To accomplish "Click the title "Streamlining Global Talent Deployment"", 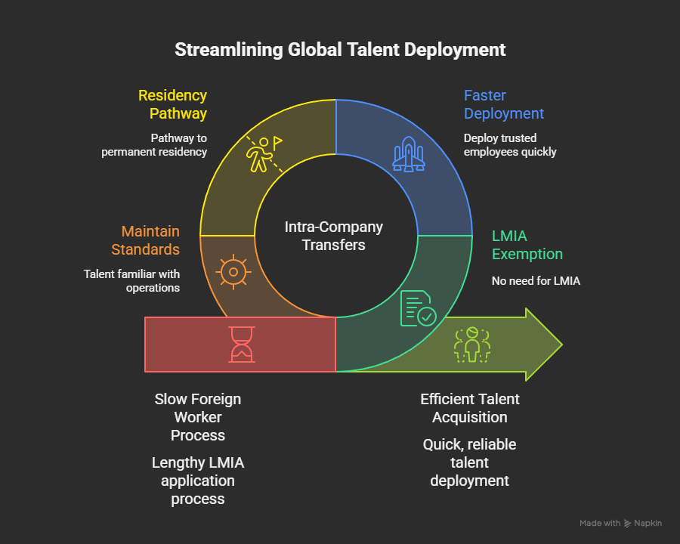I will [x=340, y=50].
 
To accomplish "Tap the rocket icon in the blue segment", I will [x=408, y=153].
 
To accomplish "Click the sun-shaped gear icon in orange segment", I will [x=232, y=271].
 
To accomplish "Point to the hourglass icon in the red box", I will [x=242, y=345].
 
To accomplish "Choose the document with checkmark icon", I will [x=416, y=308].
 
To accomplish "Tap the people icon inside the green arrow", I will [x=472, y=345].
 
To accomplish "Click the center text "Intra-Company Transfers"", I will [x=334, y=236].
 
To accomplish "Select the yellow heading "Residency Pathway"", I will [x=172, y=104].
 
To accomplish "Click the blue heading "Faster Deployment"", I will [x=503, y=104].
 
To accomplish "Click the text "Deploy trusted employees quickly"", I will [x=510, y=145].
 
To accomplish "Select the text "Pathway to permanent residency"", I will [x=155, y=145].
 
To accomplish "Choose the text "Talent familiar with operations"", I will [x=131, y=280].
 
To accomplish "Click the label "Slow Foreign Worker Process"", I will [x=198, y=417].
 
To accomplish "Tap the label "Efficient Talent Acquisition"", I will [x=470, y=408].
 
